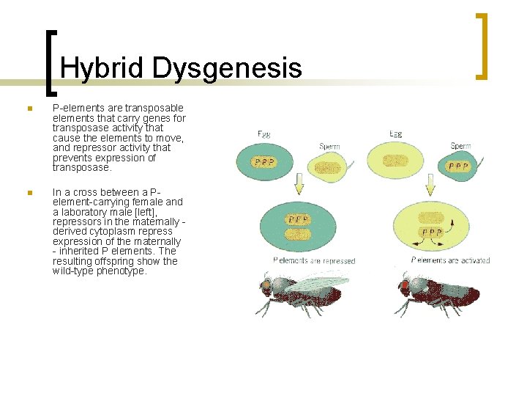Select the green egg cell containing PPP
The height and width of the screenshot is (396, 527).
coord(264,161)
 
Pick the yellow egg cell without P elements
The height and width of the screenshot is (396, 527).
coord(396,160)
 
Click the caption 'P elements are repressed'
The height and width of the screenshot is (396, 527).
coord(313,260)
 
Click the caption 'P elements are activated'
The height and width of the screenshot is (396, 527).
coord(450,260)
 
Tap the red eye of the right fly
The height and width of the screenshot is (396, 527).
coord(403,284)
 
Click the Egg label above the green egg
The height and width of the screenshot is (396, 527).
coord(265,133)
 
